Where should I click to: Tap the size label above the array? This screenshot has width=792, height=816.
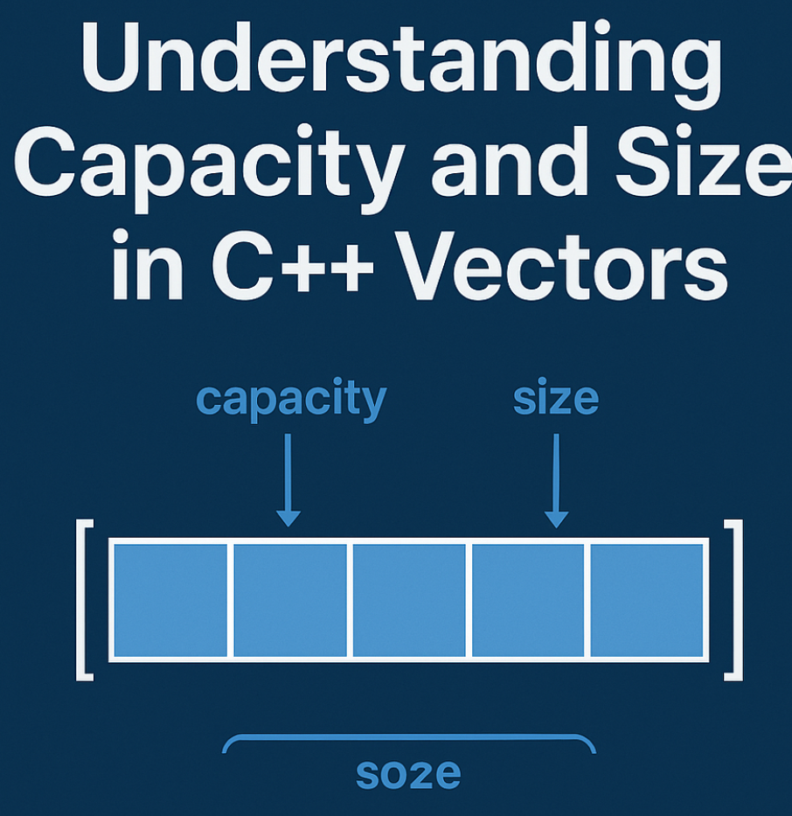pyautogui.click(x=556, y=399)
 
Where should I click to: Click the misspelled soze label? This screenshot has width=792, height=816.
pyautogui.click(x=408, y=773)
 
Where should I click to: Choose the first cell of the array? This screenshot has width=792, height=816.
pyautogui.click(x=170, y=600)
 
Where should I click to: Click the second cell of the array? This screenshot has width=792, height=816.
pyautogui.click(x=289, y=600)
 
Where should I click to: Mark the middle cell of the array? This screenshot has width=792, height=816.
pyautogui.click(x=409, y=600)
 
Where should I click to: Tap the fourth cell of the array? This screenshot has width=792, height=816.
pyautogui.click(x=528, y=600)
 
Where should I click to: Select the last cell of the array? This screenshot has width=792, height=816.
pyautogui.click(x=647, y=600)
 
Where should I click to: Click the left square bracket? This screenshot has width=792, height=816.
pyautogui.click(x=85, y=600)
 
